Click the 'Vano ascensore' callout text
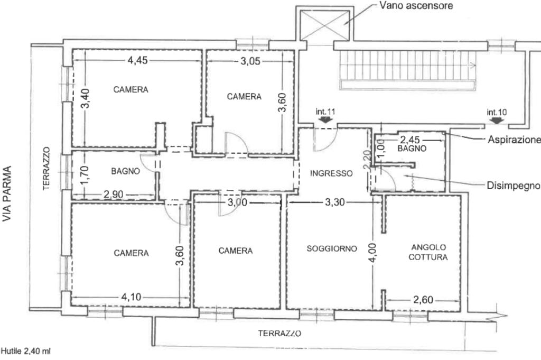click(416, 5)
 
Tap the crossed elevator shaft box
click(325, 25)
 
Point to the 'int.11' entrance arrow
click(325, 119)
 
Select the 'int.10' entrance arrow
click(497, 120)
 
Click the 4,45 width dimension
click(138, 60)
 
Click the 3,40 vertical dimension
click(85, 98)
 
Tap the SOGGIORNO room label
click(332, 248)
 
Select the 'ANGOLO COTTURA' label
click(428, 252)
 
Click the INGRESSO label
click(331, 173)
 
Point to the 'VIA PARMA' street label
click(7, 193)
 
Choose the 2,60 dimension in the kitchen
click(423, 300)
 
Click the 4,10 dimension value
click(131, 297)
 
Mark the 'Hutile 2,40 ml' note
click(26, 352)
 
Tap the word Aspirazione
click(514, 140)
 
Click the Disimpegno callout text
click(514, 186)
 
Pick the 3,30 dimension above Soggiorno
click(335, 202)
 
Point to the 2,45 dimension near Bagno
click(410, 140)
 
